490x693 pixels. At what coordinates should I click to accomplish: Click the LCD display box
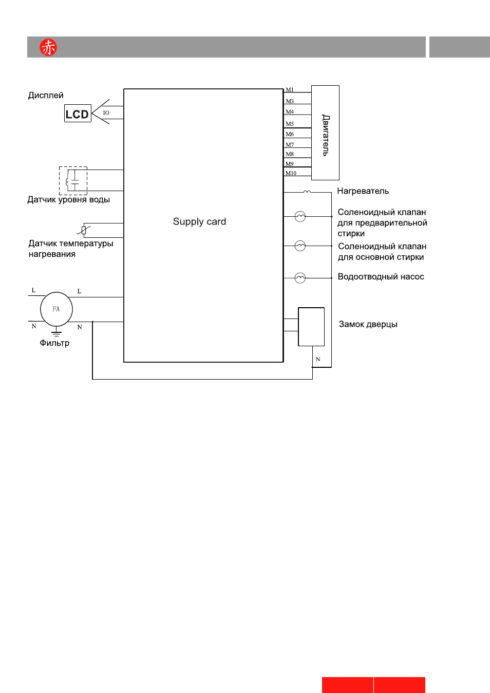click(x=78, y=113)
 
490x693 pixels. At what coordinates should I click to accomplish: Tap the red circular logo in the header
click(x=48, y=47)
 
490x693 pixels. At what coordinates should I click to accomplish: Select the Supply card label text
click(x=199, y=221)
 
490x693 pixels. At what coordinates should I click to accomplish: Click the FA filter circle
click(x=56, y=309)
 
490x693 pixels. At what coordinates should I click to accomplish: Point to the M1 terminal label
click(x=290, y=90)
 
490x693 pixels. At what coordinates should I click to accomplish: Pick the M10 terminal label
click(x=291, y=173)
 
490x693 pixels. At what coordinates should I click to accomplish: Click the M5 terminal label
click(x=290, y=124)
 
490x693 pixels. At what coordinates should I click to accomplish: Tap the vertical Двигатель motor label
click(x=326, y=135)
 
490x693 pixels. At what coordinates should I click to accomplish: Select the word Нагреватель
click(x=363, y=191)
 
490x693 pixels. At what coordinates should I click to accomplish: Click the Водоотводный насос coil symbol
click(x=300, y=278)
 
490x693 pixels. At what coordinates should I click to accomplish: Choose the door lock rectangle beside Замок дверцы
click(x=311, y=327)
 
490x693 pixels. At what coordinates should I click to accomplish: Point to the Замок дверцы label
click(x=368, y=324)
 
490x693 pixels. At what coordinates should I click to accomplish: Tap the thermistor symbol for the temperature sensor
click(x=84, y=231)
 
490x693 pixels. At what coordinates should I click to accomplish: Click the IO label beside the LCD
click(x=106, y=113)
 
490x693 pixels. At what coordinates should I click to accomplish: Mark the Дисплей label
click(x=46, y=95)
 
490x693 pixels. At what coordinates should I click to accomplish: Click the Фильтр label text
click(x=54, y=343)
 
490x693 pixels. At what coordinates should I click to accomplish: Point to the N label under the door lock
click(x=318, y=359)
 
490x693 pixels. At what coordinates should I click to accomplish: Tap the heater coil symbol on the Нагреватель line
click(x=307, y=192)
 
